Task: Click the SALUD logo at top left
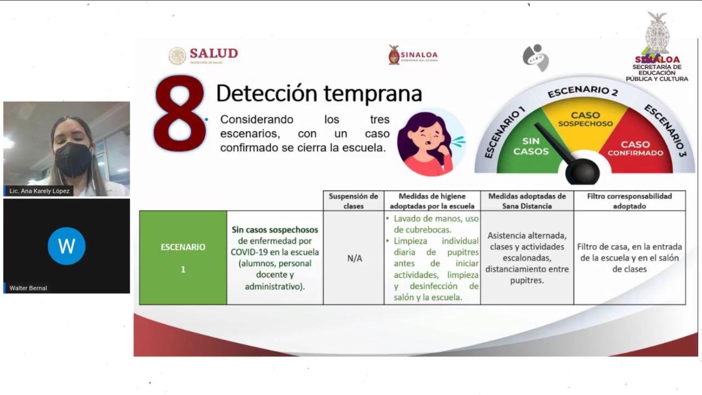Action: point(203,55)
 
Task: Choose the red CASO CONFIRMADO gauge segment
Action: point(636,149)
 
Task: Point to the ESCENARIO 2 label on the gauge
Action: point(582,91)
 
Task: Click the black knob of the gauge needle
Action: point(582,172)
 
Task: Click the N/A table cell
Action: point(354,258)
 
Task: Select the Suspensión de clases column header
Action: point(353,201)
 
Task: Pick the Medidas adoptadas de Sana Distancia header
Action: point(526,201)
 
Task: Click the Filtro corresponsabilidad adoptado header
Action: point(629,201)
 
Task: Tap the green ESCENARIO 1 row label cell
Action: point(183,258)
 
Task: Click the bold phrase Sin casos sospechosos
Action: point(275,230)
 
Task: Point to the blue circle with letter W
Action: point(66,246)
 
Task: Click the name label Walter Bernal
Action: point(29,288)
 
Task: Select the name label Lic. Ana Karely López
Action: point(39,191)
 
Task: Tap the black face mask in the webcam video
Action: point(73,159)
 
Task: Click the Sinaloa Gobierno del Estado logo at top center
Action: point(413,55)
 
